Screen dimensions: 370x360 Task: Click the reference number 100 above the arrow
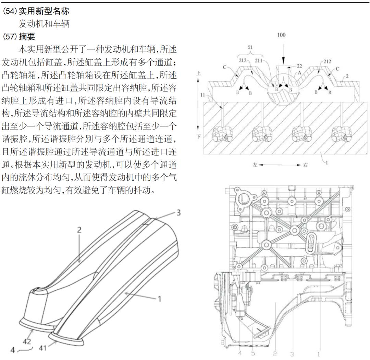281,35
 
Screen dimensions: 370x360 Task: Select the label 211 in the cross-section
258,61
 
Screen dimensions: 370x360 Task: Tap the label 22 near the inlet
299,66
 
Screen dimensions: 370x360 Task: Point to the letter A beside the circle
299,73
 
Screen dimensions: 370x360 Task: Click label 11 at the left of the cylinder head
202,95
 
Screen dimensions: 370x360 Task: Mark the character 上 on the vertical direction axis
198,73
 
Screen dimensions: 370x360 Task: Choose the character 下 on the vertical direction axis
199,136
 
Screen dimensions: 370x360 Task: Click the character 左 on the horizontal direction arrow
255,165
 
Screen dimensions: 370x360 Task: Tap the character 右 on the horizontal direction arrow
305,165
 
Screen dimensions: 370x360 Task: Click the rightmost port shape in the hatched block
341,134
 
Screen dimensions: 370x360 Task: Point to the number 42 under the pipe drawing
27,341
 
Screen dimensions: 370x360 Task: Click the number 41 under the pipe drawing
42,348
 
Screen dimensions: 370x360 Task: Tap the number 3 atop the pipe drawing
178,213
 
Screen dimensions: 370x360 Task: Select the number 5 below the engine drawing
253,353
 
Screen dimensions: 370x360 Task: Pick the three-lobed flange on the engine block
244,200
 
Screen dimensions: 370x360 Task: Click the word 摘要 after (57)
27,36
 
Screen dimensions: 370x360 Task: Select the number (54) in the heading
10,11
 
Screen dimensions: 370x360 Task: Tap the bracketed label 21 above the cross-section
250,47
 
